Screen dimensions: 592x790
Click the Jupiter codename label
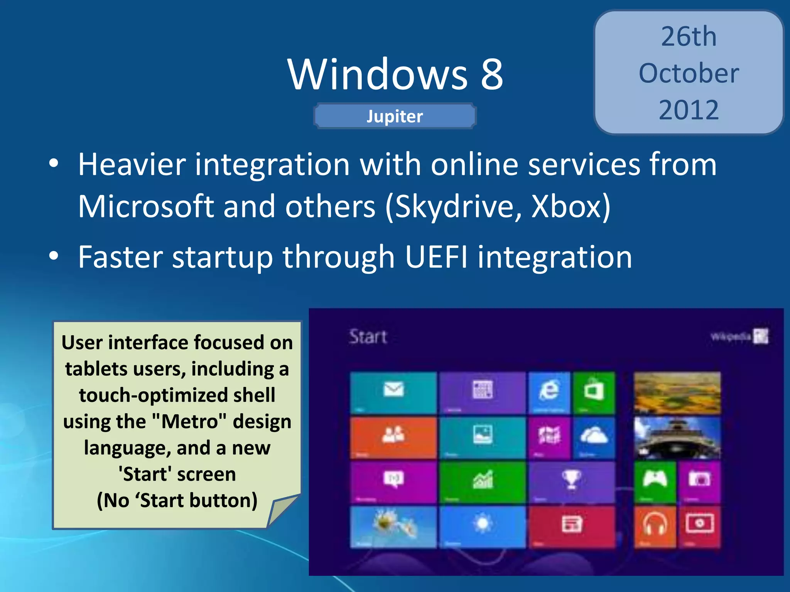[x=395, y=116]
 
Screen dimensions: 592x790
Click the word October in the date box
[x=689, y=73]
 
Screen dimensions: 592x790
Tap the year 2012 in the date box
[x=689, y=110]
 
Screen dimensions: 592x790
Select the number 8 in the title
[x=492, y=74]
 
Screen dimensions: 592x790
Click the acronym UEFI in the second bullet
[x=437, y=257]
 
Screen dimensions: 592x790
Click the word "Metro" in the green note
[x=189, y=421]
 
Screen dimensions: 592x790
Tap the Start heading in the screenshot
[x=368, y=337]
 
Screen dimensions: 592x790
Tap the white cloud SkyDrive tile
[x=594, y=437]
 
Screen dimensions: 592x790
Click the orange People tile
[x=393, y=437]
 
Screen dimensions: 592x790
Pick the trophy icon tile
[x=571, y=481]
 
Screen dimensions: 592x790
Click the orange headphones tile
[x=655, y=526]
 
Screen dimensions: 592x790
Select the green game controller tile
[x=655, y=481]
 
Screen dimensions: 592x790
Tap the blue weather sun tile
[x=482, y=526]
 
